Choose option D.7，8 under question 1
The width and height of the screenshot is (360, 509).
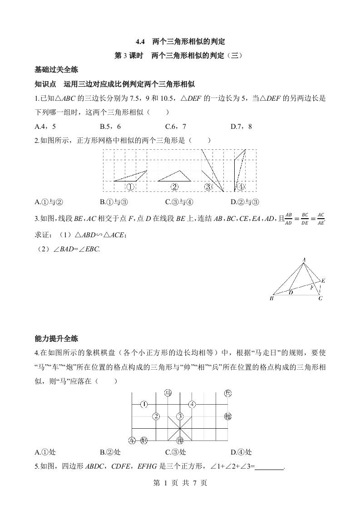[241, 127]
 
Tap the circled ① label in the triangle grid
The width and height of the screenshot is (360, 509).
[130, 186]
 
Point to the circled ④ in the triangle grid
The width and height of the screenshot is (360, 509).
[241, 186]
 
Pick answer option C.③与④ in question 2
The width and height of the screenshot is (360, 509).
[179, 202]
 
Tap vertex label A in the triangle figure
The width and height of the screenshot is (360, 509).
[304, 260]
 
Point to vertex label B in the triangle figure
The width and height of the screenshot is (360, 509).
[271, 299]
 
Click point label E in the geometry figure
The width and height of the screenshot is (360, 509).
[323, 281]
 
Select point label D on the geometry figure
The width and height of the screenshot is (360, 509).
[291, 293]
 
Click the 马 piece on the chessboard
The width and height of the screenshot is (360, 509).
[168, 393]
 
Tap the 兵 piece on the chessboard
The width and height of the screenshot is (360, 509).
[228, 393]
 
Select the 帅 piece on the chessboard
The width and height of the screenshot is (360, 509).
[180, 440]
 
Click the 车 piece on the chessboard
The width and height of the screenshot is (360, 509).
[132, 440]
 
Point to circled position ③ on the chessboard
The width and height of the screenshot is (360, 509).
[180, 416]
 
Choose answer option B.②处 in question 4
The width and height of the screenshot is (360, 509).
[110, 452]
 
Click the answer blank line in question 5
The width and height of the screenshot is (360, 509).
[270, 466]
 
